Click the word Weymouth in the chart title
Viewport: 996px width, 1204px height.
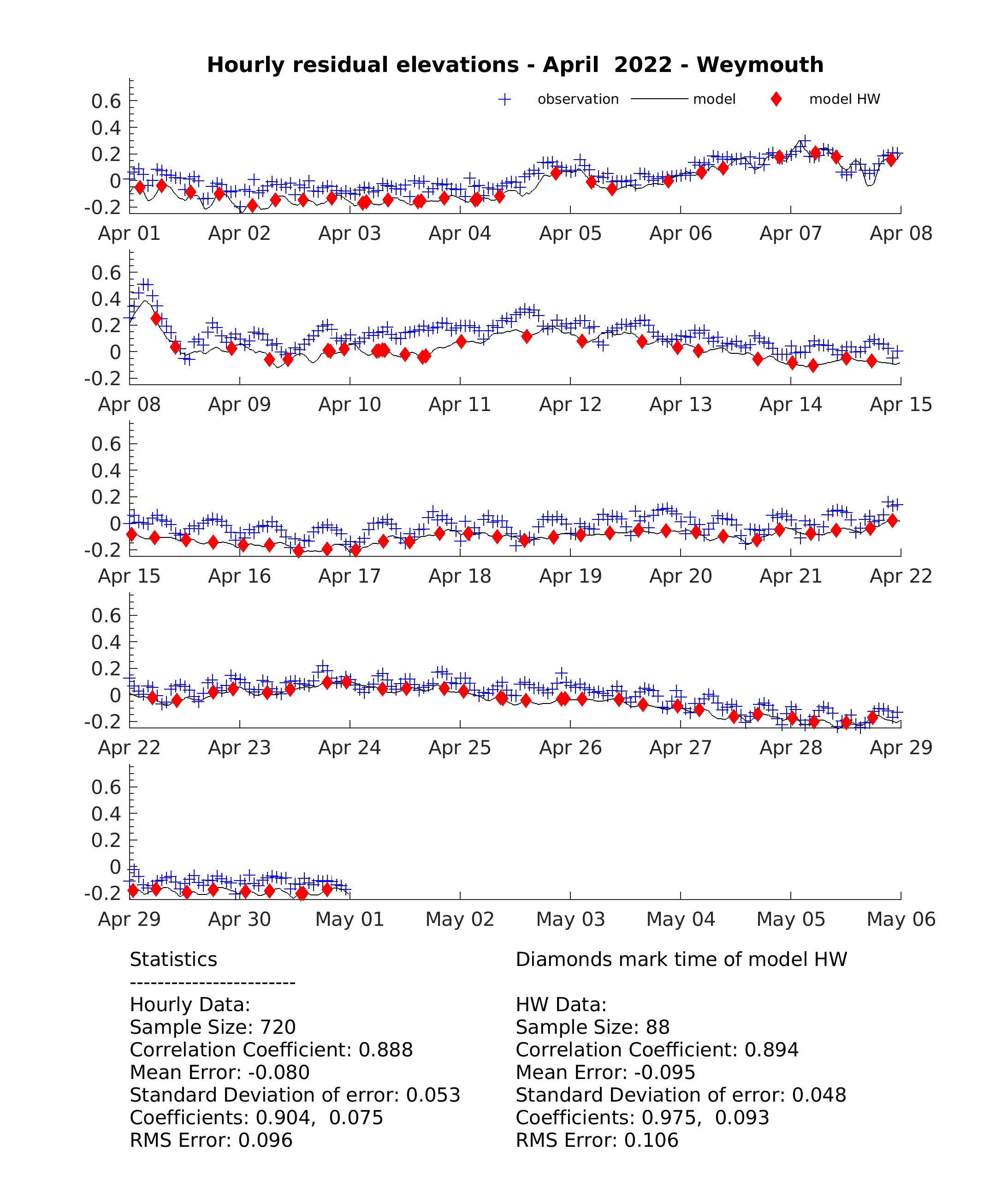760,65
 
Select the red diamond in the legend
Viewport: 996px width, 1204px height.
776,99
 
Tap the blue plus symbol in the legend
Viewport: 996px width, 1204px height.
504,99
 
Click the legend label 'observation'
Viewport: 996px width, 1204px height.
578,99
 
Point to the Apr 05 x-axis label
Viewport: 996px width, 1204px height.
570,233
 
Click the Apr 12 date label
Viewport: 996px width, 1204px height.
570,405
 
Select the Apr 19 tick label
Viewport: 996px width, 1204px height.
570,576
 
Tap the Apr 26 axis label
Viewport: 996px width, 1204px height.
570,748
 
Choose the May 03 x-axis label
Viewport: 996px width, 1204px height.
570,919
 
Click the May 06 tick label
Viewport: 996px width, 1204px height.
901,919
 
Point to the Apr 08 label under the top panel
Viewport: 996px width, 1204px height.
901,233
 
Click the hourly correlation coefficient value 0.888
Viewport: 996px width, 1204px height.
385,1050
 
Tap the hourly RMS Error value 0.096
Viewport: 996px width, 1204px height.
265,1140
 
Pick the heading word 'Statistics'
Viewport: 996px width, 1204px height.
174,959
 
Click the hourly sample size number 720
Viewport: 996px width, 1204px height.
278,1027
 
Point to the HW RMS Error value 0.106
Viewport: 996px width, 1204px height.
651,1140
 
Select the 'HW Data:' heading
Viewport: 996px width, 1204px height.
561,1004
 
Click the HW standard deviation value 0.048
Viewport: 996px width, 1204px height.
819,1095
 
